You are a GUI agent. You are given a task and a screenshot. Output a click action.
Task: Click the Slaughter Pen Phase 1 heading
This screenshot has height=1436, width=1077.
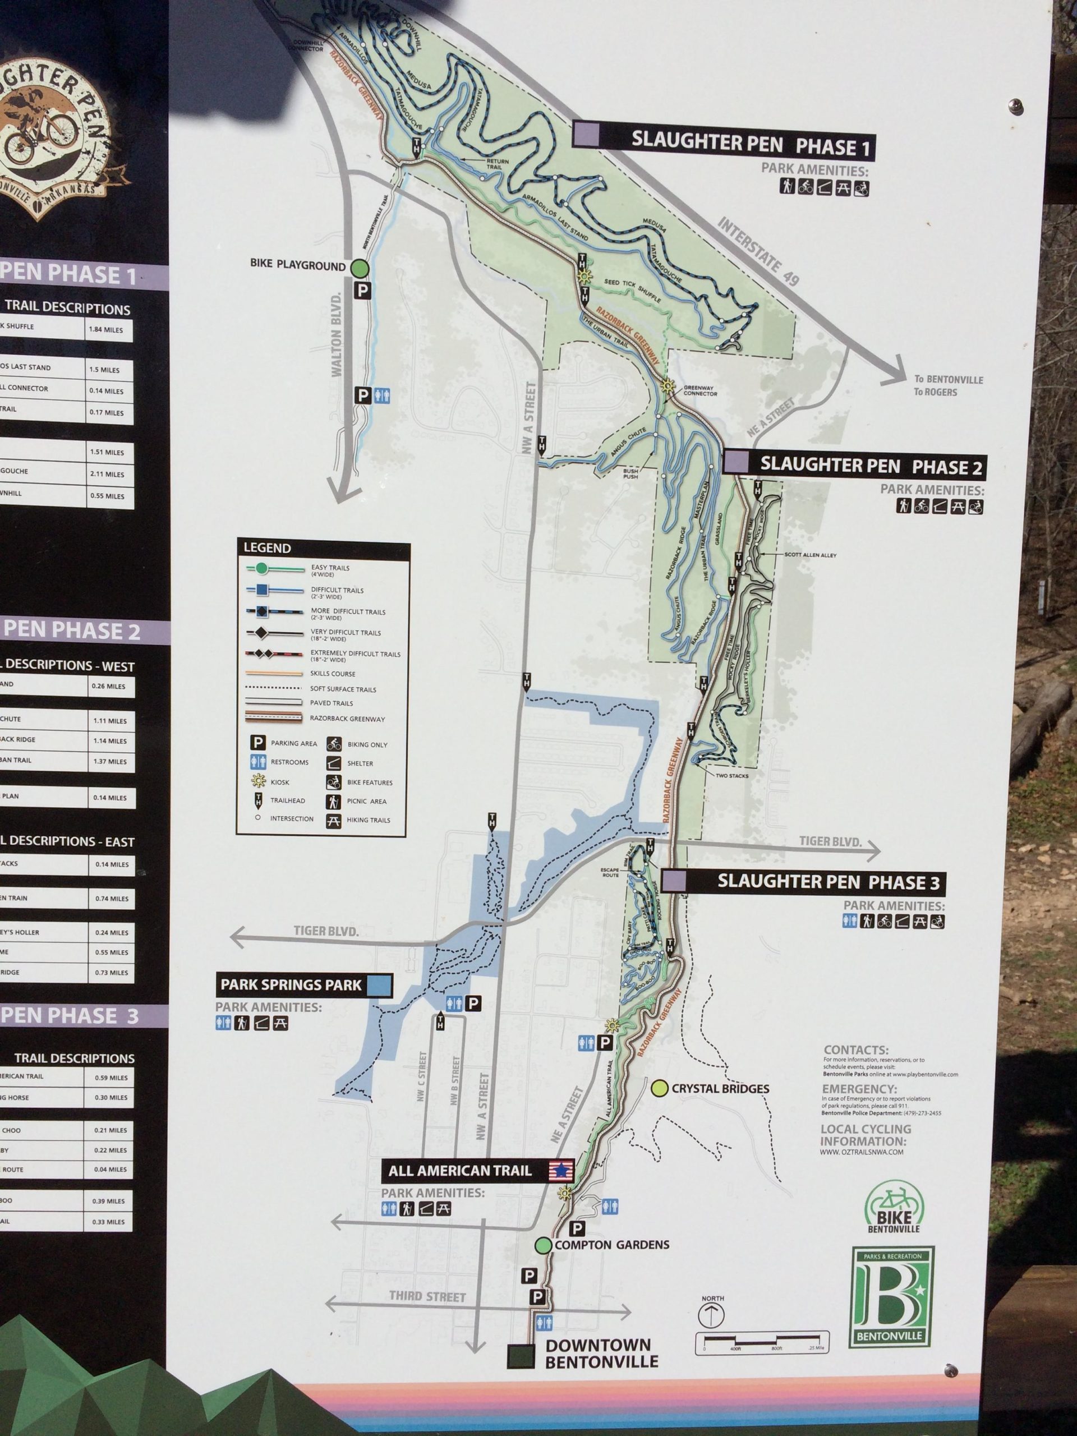(750, 144)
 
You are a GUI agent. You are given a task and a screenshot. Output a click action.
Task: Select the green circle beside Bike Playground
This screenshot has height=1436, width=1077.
(361, 268)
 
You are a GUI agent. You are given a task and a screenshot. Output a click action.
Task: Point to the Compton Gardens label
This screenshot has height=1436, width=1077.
(611, 1245)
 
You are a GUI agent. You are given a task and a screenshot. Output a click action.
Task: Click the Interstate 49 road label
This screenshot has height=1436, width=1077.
(758, 251)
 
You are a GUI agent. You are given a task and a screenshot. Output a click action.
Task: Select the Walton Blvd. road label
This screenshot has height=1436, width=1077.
(336, 335)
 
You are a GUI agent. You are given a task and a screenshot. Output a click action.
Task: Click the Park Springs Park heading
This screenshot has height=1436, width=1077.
(291, 985)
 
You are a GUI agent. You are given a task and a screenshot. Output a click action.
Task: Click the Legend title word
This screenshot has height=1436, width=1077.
(267, 548)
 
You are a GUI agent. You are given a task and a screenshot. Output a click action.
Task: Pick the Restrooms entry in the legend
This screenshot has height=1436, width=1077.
(289, 762)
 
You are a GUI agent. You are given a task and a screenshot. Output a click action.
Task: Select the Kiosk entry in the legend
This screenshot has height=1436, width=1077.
(280, 783)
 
